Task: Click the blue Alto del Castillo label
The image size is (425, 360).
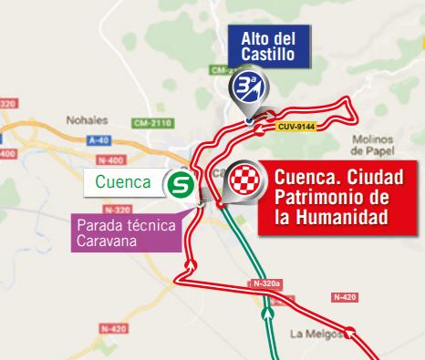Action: coord(268,45)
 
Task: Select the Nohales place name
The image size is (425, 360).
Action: coord(87,118)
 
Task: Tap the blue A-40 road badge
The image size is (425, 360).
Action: coord(101,139)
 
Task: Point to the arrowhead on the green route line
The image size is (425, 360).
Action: coord(268,313)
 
